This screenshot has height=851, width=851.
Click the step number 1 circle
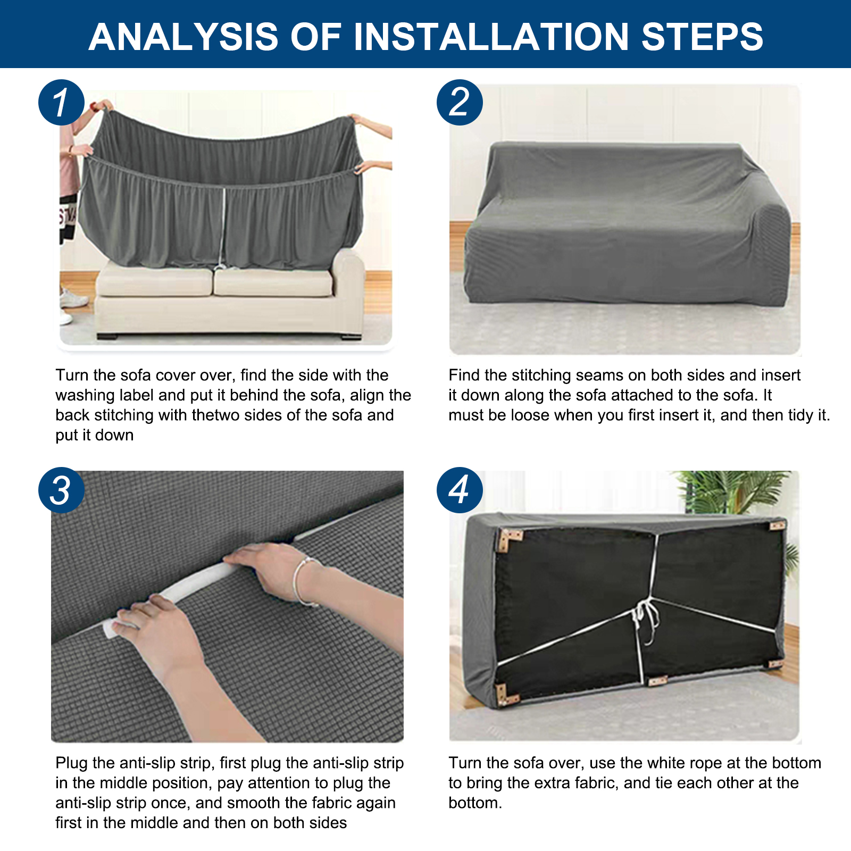click(61, 103)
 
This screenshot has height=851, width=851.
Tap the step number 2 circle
click(460, 103)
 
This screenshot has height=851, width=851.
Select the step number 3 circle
click(61, 490)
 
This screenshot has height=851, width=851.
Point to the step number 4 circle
click(460, 490)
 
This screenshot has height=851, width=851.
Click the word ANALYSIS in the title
click(183, 37)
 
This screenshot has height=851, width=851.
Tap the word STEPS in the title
click(702, 37)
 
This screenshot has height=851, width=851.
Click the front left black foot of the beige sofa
click(109, 336)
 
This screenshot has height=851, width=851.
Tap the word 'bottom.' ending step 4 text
click(475, 803)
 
